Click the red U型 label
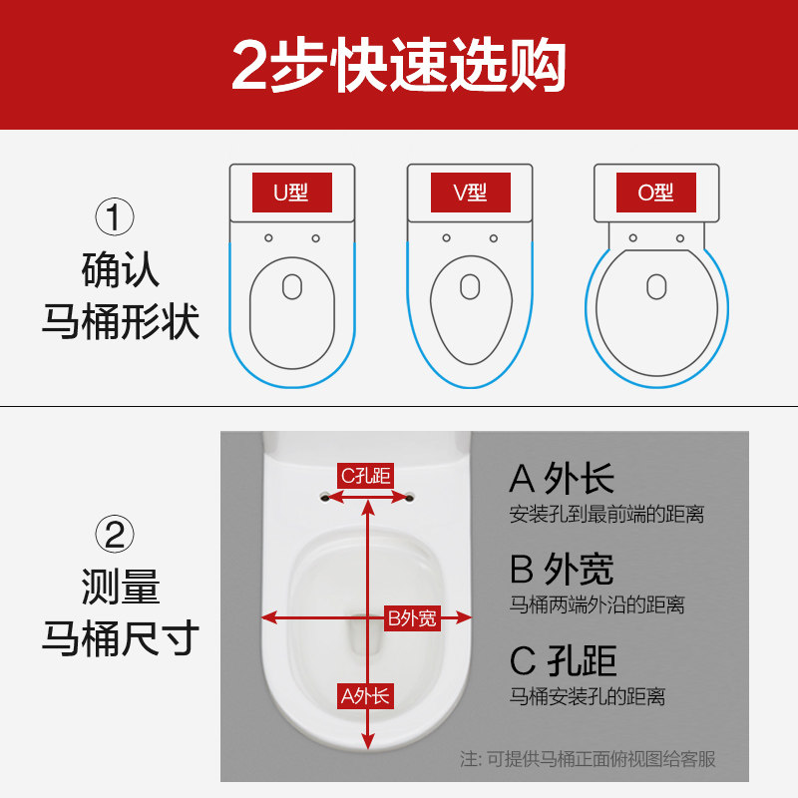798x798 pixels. pos(291,193)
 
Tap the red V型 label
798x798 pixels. pos(471,193)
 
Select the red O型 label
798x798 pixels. pos(655,193)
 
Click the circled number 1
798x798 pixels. pos(115,217)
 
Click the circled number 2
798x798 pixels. pos(115,536)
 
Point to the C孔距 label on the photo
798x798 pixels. pos(365,476)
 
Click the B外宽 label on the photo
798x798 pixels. pos(412,618)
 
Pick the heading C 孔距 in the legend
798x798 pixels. pos(563,660)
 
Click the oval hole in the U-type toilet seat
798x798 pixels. pos(291,285)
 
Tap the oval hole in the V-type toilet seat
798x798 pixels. pos(471,285)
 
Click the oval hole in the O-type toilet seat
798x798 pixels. pos(655,286)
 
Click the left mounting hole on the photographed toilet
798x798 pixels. pos(326,494)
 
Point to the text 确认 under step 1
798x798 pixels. pos(120,271)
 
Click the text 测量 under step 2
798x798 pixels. pos(120,587)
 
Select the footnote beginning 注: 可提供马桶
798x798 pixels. pos(588,759)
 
